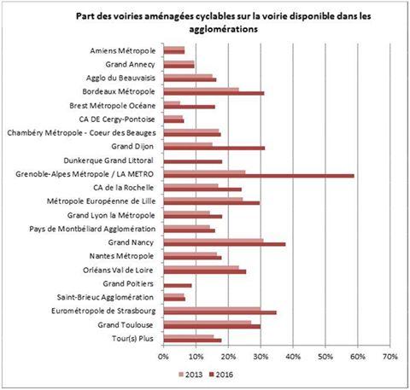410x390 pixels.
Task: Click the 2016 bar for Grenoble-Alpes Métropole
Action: (x=259, y=176)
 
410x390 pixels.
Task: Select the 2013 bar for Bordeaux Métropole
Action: (x=202, y=90)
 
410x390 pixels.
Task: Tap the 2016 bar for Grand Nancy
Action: (x=225, y=244)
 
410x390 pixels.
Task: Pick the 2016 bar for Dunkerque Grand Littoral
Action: (x=193, y=162)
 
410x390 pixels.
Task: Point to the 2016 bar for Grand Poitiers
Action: (x=178, y=285)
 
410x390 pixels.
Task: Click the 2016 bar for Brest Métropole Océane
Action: (x=190, y=107)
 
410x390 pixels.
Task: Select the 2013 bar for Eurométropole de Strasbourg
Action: (x=212, y=309)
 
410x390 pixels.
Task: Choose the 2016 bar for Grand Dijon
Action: (x=214, y=148)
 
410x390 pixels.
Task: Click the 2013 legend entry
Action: (x=190, y=375)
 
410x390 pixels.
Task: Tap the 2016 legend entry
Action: (x=221, y=375)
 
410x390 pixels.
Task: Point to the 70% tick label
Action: (x=390, y=357)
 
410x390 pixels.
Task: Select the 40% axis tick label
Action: (x=293, y=357)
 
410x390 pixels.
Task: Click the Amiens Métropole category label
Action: (x=123, y=51)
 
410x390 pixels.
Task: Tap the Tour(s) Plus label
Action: (x=132, y=339)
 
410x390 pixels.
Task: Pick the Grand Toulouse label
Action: (x=126, y=325)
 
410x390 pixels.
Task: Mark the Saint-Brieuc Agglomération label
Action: (x=105, y=298)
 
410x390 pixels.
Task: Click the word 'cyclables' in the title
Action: (x=214, y=16)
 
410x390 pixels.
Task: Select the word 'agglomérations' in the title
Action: (x=224, y=29)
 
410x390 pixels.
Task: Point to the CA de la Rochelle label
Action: (x=123, y=188)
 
